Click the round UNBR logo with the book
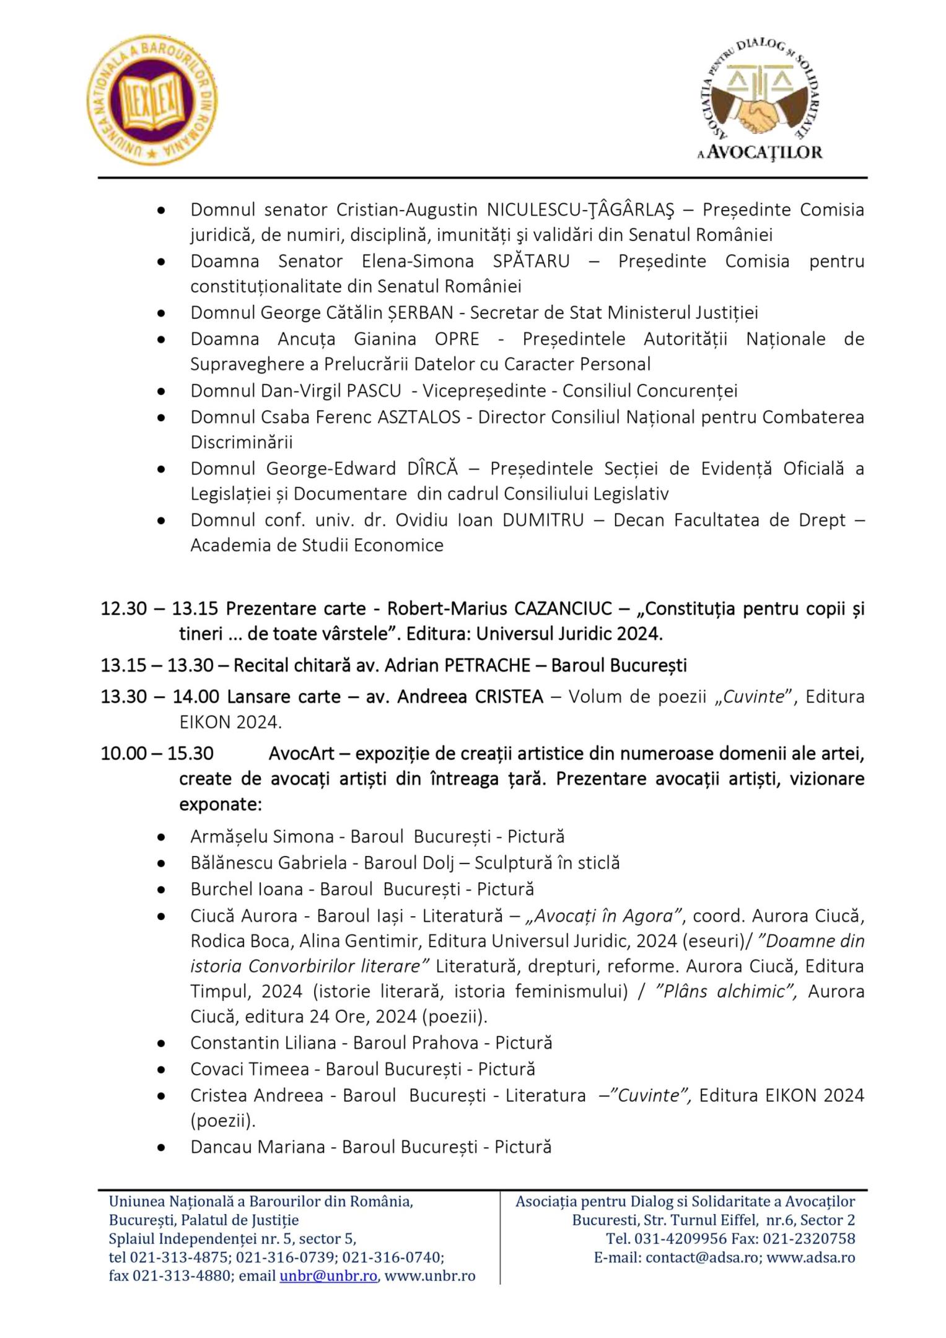pos(152,100)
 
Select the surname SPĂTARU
pos(531,261)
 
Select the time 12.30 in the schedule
pos(124,609)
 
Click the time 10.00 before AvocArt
pos(124,753)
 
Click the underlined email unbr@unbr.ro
pos(328,1276)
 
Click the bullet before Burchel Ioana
pos(162,890)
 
